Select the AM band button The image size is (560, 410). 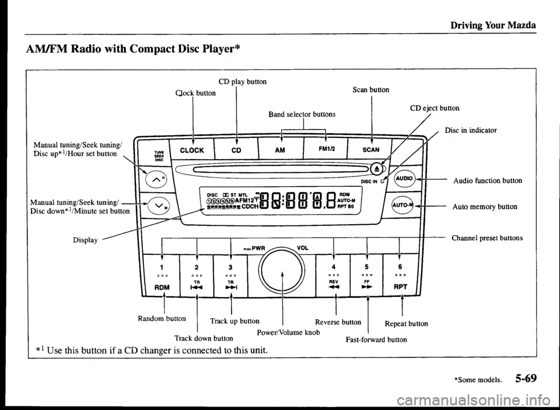281,149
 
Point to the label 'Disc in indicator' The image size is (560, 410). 471,130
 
